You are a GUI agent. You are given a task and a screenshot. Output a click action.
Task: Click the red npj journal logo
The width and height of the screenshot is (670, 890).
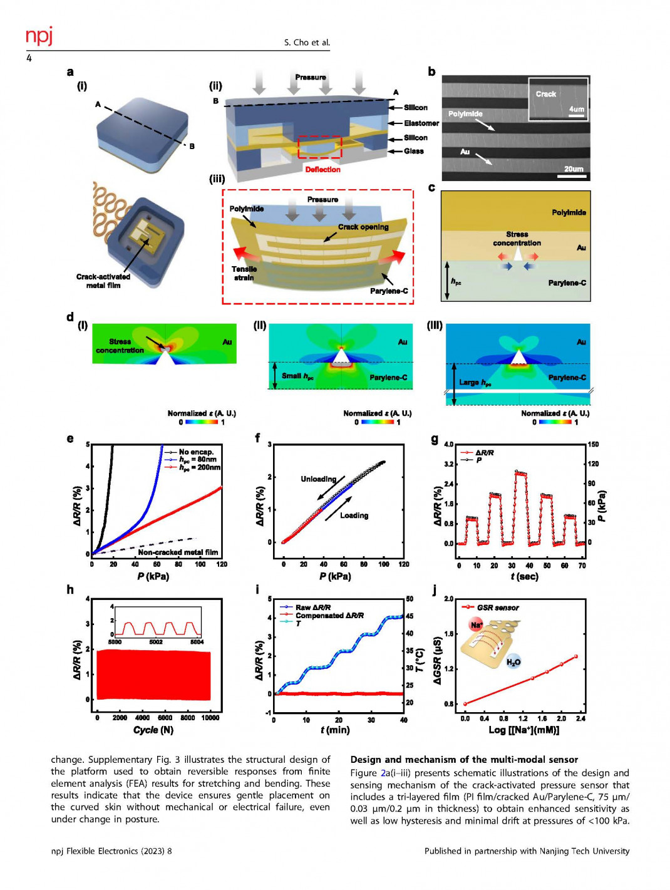coord(39,36)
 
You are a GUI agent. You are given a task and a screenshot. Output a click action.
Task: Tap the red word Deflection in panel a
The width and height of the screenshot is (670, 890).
coord(322,170)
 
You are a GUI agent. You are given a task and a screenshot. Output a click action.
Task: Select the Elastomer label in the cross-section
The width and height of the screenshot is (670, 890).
coord(421,123)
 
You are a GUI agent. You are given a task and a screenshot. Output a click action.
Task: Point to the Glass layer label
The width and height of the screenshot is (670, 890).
coord(413,151)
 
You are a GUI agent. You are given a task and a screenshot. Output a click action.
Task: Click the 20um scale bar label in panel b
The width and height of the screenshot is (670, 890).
coord(573,169)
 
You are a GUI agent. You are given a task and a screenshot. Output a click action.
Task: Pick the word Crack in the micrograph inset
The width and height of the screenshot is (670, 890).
coord(545,94)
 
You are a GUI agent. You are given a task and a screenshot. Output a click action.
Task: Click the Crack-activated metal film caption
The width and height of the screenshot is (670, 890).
coord(103,281)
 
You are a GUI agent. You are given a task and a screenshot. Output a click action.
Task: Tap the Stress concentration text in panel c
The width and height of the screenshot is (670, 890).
coord(517,239)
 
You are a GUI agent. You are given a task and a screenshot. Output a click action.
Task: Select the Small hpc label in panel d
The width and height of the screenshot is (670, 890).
coord(297,376)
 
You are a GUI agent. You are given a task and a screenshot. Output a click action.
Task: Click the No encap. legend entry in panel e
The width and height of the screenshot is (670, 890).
coord(196,452)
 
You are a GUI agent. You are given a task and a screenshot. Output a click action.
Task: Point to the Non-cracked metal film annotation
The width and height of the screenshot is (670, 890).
coord(178,552)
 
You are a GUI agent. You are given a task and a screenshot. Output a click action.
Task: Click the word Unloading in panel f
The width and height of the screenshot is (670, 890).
coord(318,479)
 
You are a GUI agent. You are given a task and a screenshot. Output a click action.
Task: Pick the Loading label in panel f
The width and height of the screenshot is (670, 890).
coord(354,515)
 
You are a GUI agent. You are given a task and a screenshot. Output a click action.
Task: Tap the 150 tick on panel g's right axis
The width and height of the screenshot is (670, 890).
coord(592,445)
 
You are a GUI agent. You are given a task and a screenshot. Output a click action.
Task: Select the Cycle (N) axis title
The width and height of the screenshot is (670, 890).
coord(153,730)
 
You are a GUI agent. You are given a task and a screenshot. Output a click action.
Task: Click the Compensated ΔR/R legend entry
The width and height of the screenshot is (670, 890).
coord(329,616)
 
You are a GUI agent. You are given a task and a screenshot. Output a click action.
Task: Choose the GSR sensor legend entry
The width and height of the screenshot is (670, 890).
coord(498,608)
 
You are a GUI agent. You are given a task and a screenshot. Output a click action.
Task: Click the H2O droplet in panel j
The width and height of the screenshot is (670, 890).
coord(513,661)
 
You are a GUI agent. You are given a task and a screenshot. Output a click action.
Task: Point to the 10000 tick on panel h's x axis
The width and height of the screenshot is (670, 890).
coord(210,718)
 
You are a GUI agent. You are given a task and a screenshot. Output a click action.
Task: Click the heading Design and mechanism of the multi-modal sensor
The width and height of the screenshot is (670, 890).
coord(464,760)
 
